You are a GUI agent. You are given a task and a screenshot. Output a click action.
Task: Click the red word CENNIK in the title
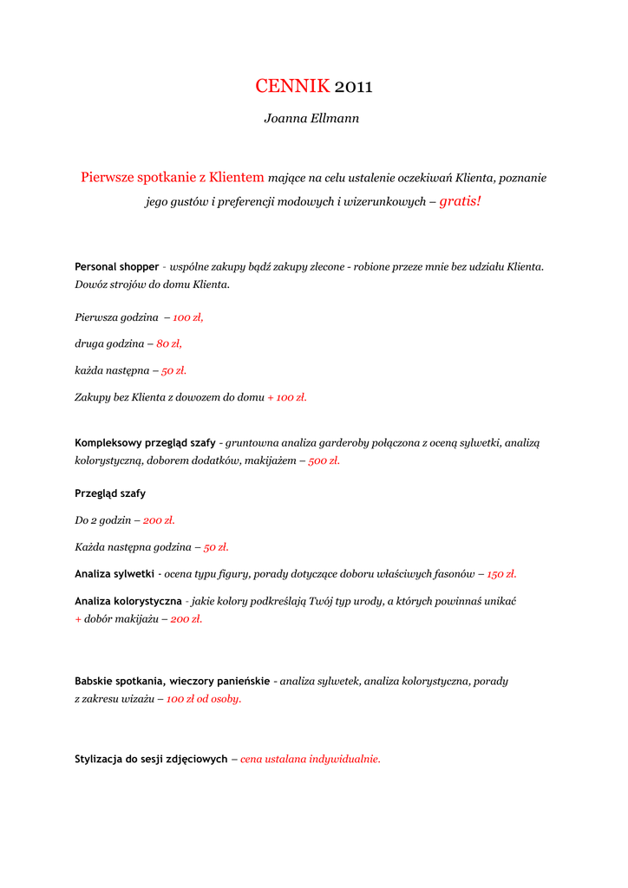[x=292, y=86]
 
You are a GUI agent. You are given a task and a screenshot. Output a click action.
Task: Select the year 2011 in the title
[x=353, y=86]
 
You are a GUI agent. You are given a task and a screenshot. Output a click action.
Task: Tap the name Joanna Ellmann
[x=311, y=118]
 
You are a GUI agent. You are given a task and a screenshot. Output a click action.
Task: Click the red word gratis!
[x=460, y=201]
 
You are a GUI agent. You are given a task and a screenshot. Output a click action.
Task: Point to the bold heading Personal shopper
[x=117, y=266]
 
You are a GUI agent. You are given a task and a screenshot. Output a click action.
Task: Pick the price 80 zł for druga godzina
[x=169, y=343]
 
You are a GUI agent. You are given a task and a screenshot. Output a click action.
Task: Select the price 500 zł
[x=324, y=460]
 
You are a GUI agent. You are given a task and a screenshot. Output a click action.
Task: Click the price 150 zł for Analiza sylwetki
[x=501, y=573]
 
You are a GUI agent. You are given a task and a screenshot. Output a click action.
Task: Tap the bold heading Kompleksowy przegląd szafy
[x=145, y=442]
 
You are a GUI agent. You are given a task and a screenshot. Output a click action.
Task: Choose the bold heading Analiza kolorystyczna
[x=128, y=600]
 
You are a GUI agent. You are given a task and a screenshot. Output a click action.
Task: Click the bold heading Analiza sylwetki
[x=114, y=573]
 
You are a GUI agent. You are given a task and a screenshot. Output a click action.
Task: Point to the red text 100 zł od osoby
[x=204, y=698]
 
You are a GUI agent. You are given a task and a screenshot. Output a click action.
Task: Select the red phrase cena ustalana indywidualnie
[x=311, y=759]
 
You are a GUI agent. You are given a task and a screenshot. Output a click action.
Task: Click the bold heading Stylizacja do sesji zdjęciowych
[x=151, y=759]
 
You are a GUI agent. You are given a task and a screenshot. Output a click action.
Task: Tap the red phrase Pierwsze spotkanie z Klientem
[x=173, y=177]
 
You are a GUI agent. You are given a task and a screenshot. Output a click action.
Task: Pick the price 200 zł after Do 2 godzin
[x=159, y=520]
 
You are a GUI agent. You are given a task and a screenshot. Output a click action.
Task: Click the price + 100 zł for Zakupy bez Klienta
[x=287, y=397]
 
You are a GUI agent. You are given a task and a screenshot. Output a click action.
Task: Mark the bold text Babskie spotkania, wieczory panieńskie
[x=172, y=681]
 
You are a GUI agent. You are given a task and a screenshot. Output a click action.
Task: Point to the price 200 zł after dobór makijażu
[x=186, y=618]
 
